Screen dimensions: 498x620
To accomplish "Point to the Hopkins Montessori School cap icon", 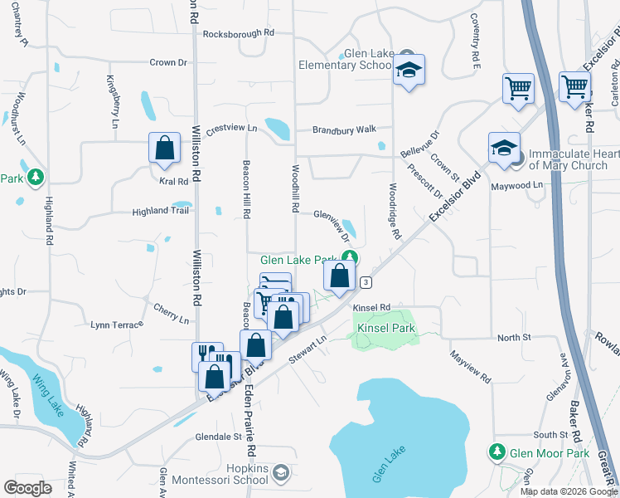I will (x=281, y=473).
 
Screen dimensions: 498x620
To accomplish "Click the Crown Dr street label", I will (x=168, y=62).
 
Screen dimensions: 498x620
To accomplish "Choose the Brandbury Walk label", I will (x=344, y=129).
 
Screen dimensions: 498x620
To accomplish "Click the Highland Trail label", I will (x=161, y=212).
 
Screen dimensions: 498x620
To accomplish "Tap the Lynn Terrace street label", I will (x=117, y=325).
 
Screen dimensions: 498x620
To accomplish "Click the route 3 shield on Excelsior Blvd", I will (x=366, y=283).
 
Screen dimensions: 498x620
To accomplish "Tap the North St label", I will (x=513, y=338).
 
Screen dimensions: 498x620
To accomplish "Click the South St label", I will (x=550, y=435).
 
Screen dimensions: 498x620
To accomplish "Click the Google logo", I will (x=27, y=487).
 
